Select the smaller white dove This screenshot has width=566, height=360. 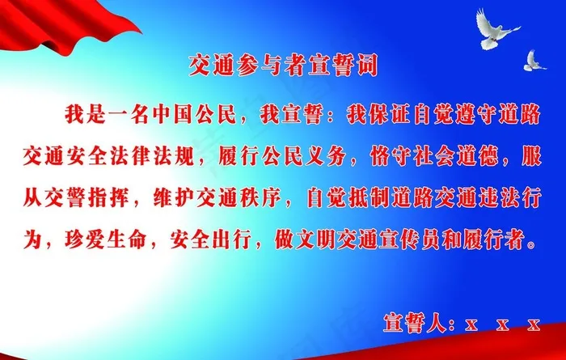(x=534, y=60)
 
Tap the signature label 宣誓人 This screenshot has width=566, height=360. (x=412, y=324)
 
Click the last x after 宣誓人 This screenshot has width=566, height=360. (x=533, y=325)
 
